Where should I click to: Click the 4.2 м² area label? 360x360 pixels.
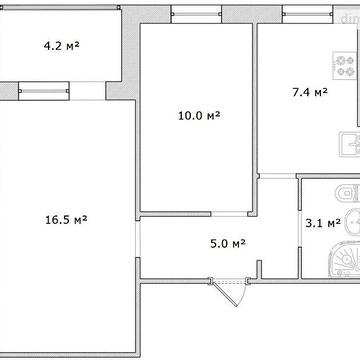pyautogui.click(x=62, y=46)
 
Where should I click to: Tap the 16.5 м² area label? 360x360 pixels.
pyautogui.click(x=66, y=220)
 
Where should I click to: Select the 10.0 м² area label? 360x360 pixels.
pyautogui.click(x=199, y=116)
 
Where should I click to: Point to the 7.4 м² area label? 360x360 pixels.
pyautogui.click(x=310, y=92)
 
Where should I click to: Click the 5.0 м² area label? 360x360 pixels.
pyautogui.click(x=228, y=244)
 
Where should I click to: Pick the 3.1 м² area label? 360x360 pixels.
pyautogui.click(x=323, y=223)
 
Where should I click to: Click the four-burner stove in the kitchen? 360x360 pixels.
pyautogui.click(x=345, y=65)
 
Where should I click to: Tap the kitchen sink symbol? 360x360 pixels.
pyautogui.click(x=350, y=144)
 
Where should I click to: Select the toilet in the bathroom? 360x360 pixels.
pyautogui.click(x=348, y=193)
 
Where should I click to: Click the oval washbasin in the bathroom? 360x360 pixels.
pyautogui.click(x=352, y=222)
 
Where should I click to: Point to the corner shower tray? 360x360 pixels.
pyautogui.click(x=344, y=260)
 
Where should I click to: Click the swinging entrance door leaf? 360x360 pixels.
pyautogui.click(x=225, y=294)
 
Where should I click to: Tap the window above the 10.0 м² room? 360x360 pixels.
pyautogui.click(x=196, y=14)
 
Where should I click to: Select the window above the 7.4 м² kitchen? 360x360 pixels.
pyautogui.click(x=308, y=14)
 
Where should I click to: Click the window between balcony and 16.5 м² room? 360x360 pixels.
pyautogui.click(x=44, y=91)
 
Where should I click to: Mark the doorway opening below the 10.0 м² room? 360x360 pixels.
pyautogui.click(x=230, y=214)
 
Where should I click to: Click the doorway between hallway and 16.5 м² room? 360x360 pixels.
pyautogui.click(x=138, y=239)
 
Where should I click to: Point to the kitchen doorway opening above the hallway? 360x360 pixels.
pyautogui.click(x=278, y=176)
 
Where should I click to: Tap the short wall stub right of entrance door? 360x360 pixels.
pyautogui.click(x=259, y=269)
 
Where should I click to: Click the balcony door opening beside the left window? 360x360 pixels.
pyautogui.click(x=88, y=91)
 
